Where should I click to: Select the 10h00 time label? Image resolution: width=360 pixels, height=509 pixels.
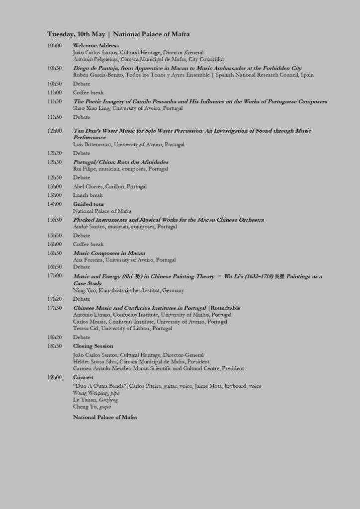[x=55, y=46]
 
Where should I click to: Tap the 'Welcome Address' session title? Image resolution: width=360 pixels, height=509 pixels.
[x=96, y=46]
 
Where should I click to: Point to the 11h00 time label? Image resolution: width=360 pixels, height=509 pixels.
[x=55, y=92]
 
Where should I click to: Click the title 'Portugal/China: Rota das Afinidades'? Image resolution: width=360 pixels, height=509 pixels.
[x=121, y=162]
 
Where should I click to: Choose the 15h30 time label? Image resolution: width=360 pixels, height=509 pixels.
[x=55, y=220]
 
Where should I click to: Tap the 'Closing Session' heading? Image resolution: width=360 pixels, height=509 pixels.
[x=93, y=346]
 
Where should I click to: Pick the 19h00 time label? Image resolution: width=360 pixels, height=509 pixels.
[x=55, y=378]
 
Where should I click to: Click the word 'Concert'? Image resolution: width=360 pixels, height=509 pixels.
[x=83, y=378]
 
